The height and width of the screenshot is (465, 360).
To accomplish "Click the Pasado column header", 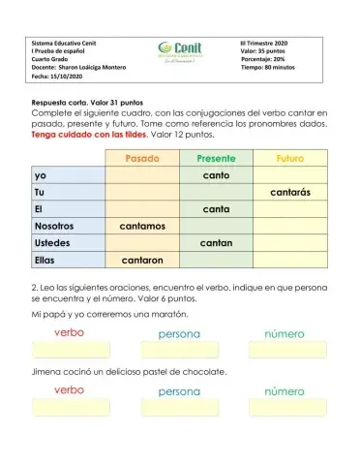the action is (x=142, y=158).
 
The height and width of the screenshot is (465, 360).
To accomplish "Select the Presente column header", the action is (x=216, y=158).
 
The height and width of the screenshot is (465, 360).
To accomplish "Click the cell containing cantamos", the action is (x=142, y=226).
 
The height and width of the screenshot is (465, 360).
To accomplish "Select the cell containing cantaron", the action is (x=142, y=260).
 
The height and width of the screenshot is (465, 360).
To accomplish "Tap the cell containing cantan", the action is (x=216, y=243).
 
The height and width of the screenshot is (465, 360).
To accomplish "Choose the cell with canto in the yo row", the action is (x=216, y=175).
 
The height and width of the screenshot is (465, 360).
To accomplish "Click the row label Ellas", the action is (x=45, y=260).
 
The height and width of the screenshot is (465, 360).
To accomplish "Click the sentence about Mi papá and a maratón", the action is (x=109, y=315).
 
